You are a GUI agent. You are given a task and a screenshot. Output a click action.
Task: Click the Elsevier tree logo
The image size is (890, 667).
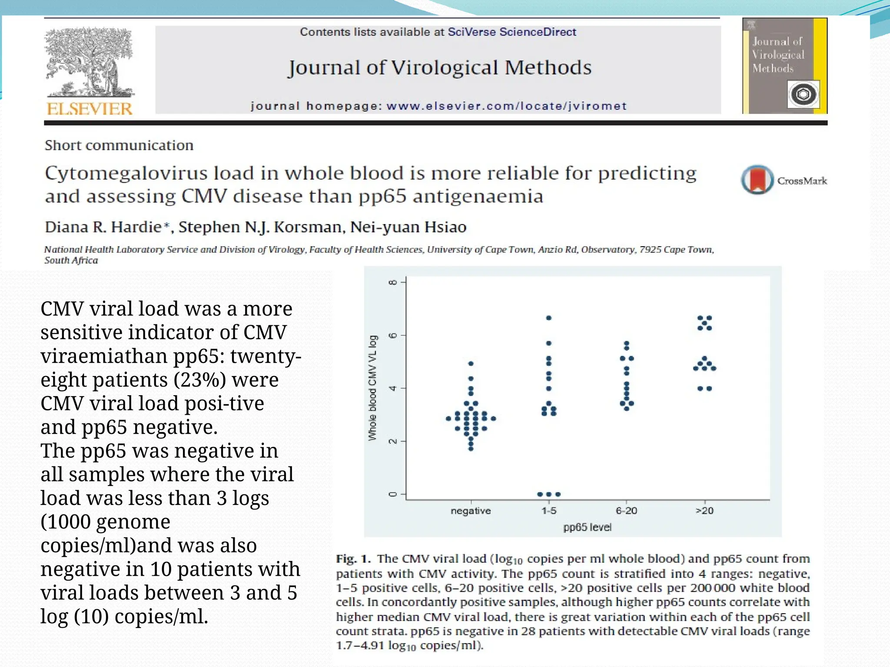pyautogui.click(x=90, y=63)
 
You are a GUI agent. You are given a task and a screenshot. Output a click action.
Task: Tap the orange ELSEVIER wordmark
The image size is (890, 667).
pyautogui.click(x=90, y=109)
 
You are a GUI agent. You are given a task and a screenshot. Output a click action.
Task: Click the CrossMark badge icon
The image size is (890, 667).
pyautogui.click(x=757, y=179)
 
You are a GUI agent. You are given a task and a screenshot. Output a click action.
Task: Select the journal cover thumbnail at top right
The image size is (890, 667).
pyautogui.click(x=784, y=66)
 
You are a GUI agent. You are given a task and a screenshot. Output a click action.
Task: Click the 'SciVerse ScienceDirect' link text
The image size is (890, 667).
pyautogui.click(x=511, y=32)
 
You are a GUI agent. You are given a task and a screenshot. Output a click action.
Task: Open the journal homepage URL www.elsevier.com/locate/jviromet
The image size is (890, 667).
pyautogui.click(x=506, y=106)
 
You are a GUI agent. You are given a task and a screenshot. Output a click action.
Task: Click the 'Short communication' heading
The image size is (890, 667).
pyautogui.click(x=119, y=145)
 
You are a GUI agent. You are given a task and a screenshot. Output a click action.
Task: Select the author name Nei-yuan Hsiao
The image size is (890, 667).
pyautogui.click(x=408, y=227)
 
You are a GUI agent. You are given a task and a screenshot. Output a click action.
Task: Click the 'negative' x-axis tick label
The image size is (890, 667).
pyautogui.click(x=471, y=511)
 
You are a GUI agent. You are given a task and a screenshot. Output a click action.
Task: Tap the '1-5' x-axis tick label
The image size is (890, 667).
pyautogui.click(x=548, y=511)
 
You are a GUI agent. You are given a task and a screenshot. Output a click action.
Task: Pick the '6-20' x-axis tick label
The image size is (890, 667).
pyautogui.click(x=626, y=511)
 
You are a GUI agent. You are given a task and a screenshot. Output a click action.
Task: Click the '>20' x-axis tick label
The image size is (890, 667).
pyautogui.click(x=704, y=511)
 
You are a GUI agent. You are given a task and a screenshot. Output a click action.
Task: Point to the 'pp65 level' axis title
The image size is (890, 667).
pyautogui.click(x=587, y=527)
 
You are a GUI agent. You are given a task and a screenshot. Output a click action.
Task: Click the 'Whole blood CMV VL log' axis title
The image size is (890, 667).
pyautogui.click(x=372, y=388)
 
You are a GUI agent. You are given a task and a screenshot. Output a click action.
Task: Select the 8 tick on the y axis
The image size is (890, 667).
pyautogui.click(x=393, y=282)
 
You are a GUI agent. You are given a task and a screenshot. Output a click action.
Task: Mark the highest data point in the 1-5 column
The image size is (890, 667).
pyautogui.click(x=549, y=318)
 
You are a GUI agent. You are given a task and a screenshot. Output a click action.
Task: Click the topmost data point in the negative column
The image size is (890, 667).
pyautogui.click(x=471, y=363)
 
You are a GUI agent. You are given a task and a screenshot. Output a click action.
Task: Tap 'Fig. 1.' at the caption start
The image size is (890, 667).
pyautogui.click(x=353, y=559)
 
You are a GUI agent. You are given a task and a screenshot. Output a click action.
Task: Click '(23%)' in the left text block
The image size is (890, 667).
pyautogui.click(x=199, y=380)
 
